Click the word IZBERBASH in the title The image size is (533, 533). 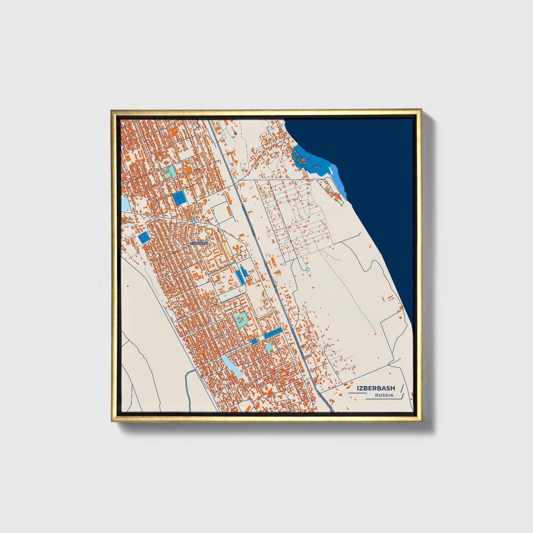point(375,388)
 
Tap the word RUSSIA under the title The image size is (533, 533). point(384,395)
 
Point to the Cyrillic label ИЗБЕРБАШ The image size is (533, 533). point(199,243)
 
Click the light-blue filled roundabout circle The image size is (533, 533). point(194,222)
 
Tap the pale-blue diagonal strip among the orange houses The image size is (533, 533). point(232,366)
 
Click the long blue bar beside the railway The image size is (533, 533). point(273,333)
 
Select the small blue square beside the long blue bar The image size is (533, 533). point(254,342)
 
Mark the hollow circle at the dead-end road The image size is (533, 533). point(307,269)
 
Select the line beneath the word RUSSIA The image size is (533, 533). point(384,399)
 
